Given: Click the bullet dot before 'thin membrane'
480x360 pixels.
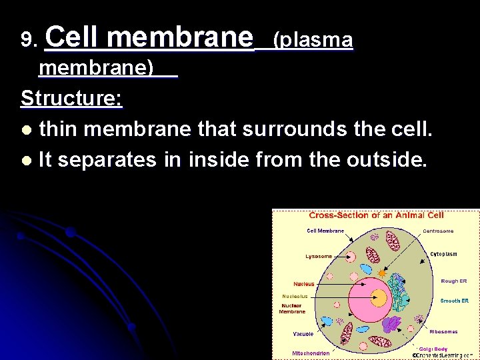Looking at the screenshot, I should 26,129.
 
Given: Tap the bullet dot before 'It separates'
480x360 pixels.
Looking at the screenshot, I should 26,161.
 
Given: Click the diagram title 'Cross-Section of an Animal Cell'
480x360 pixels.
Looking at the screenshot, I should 376,215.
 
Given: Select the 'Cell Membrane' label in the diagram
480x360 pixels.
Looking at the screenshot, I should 325,231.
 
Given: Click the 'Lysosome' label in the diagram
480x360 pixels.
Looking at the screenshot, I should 319,256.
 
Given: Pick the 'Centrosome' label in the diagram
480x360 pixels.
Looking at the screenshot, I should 438,231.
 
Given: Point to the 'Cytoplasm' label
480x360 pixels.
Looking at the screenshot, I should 443,254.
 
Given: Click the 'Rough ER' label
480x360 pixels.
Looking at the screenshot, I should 454,281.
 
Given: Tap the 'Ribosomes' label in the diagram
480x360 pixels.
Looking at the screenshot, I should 443,331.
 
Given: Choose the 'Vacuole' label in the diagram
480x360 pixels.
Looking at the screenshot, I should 303,333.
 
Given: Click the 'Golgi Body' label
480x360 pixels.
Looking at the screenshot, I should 433,349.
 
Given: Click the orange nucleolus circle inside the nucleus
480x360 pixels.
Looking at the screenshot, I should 378,299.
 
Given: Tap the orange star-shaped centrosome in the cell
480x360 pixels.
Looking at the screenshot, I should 382,273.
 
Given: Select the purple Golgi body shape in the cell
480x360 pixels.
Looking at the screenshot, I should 392,325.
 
